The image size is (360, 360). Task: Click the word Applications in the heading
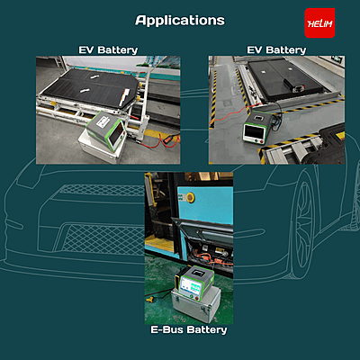pyautogui.click(x=180, y=21)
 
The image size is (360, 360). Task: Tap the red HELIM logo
pyautogui.click(x=319, y=23)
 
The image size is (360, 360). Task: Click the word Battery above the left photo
pyautogui.click(x=118, y=50)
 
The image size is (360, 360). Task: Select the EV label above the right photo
pyautogui.click(x=255, y=49)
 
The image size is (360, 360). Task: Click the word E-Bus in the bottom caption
pyautogui.click(x=166, y=329)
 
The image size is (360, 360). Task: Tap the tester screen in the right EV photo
pyautogui.click(x=254, y=131)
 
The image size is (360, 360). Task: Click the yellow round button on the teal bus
pyautogui.click(x=190, y=197)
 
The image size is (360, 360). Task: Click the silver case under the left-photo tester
pyautogui.click(x=99, y=148)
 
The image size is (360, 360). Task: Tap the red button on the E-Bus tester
pyautogui.click(x=197, y=298)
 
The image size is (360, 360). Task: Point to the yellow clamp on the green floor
pyautogui.click(x=150, y=299)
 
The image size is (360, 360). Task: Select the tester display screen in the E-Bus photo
pyautogui.click(x=192, y=288)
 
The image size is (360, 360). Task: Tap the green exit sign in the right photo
pyautogui.click(x=337, y=58)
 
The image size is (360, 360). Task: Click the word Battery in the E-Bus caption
pyautogui.click(x=207, y=329)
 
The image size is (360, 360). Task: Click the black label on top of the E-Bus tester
pyautogui.click(x=198, y=273)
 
